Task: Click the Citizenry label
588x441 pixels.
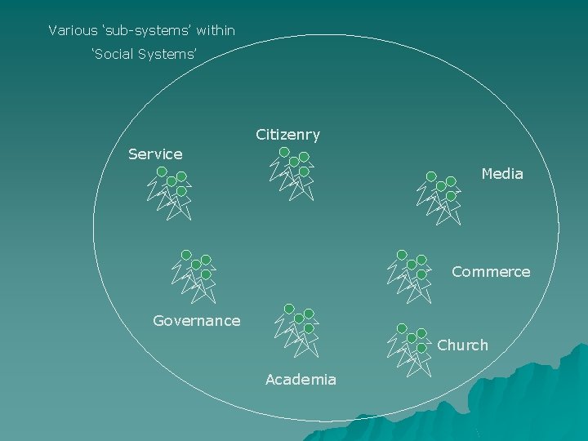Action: [x=287, y=135]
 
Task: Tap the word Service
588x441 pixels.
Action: [x=155, y=154]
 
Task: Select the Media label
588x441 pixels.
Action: [x=502, y=174]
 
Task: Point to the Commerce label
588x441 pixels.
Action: [x=491, y=272]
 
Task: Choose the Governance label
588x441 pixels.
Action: [x=196, y=321]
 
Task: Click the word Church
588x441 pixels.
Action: [x=462, y=345]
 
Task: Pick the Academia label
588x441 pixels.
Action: [x=301, y=380]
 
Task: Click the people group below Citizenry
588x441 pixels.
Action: [x=292, y=173]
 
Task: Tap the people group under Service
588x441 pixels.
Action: [x=170, y=194]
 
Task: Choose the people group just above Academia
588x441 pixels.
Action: [x=297, y=331]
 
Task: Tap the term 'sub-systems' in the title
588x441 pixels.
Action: [x=145, y=31]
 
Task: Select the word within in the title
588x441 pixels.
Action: [x=216, y=31]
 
